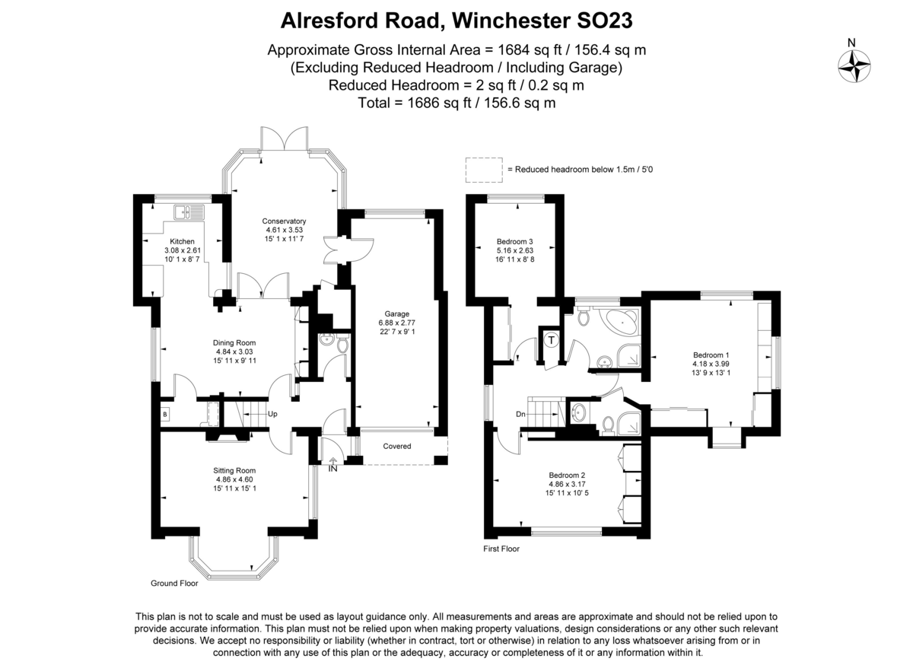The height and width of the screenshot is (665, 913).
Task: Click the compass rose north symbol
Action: click(854, 66)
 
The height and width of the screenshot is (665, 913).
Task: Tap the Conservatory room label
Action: click(284, 221)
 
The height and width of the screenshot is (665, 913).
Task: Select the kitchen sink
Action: click(189, 213)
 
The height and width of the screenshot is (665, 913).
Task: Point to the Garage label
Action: click(396, 313)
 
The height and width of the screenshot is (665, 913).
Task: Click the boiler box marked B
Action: click(165, 414)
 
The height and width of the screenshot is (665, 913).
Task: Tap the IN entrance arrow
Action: click(332, 462)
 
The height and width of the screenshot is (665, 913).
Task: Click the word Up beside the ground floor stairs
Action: click(272, 414)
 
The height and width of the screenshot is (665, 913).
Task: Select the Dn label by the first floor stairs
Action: click(520, 414)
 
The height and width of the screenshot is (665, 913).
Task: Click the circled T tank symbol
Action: click(551, 340)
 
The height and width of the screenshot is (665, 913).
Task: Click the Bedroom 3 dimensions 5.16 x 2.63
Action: click(515, 250)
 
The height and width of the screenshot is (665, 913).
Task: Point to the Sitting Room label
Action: click(234, 470)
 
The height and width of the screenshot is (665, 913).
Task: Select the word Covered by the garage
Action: click(396, 446)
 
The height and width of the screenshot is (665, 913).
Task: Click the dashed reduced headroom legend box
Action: click(484, 170)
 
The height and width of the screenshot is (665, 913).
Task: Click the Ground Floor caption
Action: click(174, 583)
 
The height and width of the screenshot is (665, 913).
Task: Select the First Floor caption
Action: click(501, 549)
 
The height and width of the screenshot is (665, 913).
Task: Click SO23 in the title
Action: click(604, 21)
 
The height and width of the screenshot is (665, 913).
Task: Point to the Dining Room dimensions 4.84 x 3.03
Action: click(234, 352)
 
